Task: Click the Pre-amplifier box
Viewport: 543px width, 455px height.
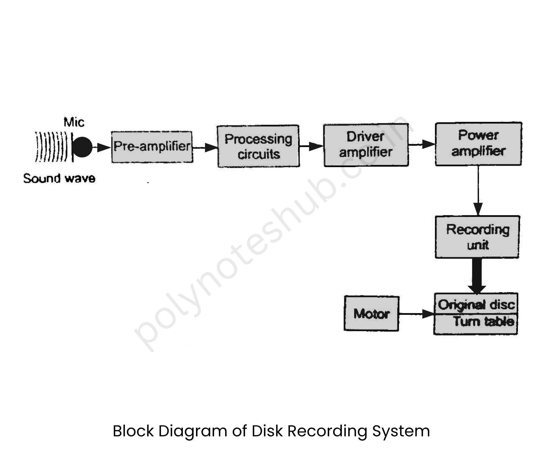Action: [x=152, y=147]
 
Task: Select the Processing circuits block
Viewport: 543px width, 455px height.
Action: [x=258, y=146]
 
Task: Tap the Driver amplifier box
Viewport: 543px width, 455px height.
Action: [x=366, y=145]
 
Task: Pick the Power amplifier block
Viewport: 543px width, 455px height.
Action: [x=478, y=144]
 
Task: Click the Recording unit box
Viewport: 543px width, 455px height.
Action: [x=477, y=237]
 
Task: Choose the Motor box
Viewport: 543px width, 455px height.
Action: [x=371, y=313]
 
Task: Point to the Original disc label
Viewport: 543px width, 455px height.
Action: [x=476, y=304]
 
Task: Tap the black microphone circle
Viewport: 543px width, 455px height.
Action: [x=82, y=147]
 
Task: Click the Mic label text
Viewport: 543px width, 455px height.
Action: [x=74, y=122]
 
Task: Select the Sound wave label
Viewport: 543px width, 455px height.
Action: [x=59, y=178]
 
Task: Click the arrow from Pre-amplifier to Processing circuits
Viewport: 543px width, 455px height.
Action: [x=205, y=147]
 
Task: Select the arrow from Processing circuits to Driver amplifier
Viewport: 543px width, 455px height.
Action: [x=311, y=146]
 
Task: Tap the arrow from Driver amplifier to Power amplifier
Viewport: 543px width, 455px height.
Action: [x=422, y=144]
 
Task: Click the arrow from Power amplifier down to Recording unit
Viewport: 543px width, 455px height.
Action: [x=478, y=192]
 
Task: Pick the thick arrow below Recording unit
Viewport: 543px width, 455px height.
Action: [x=477, y=277]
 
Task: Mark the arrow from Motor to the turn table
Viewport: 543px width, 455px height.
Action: [x=416, y=314]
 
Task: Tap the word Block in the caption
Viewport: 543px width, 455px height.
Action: [x=133, y=431]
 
